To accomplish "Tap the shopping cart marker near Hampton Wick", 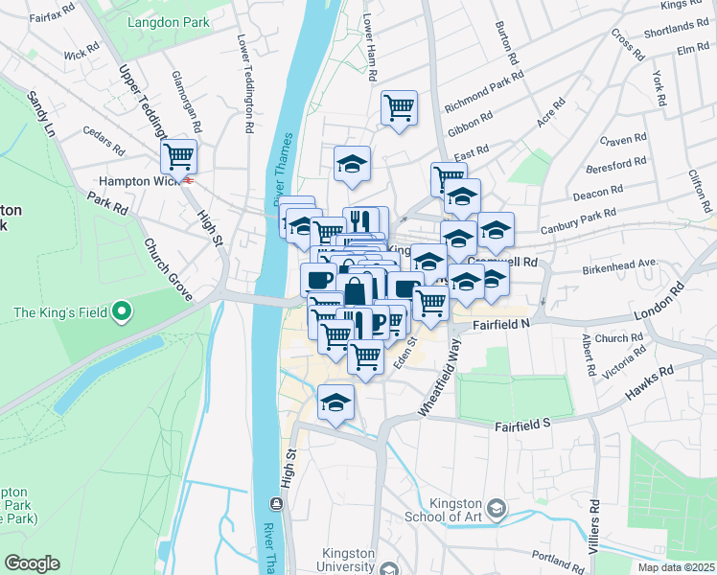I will (x=178, y=155).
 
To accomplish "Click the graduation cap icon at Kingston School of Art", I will (x=497, y=508).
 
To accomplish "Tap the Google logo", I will (x=32, y=563).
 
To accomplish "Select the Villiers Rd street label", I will (x=595, y=522).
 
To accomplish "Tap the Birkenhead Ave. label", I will (x=619, y=262).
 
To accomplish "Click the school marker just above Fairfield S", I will (x=335, y=402).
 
